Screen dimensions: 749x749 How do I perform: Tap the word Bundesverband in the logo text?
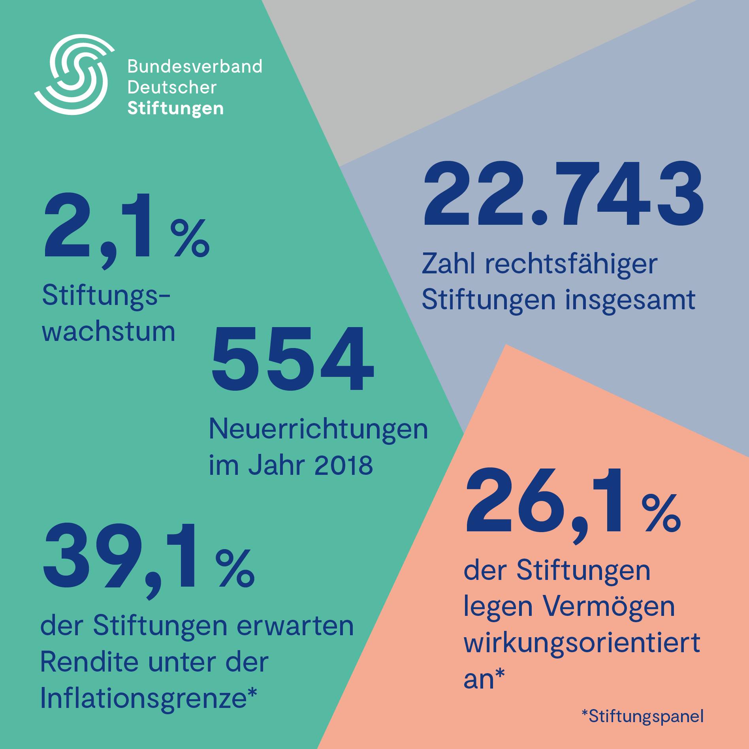[195, 66]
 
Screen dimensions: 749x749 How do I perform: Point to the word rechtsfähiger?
[571, 264]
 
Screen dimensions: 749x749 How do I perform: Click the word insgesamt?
[630, 300]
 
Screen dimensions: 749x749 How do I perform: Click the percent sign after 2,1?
[190, 238]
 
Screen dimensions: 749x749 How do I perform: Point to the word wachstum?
[109, 331]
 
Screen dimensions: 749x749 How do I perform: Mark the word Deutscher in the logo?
[172, 87]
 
